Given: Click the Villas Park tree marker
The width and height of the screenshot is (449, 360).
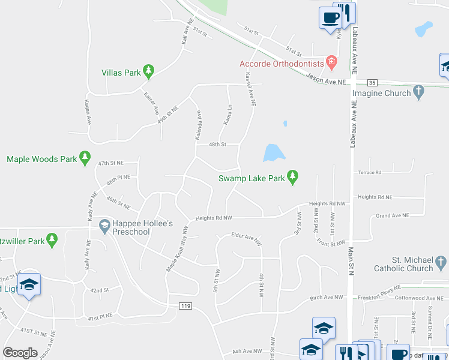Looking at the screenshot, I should [x=149, y=72].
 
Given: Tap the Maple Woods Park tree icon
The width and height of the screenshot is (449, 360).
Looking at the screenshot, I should [x=85, y=158].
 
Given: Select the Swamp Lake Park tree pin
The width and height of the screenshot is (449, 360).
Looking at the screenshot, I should [x=292, y=177].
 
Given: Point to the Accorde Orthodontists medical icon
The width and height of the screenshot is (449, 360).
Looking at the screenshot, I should [x=331, y=62].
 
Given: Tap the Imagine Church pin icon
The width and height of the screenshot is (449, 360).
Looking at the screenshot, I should [x=420, y=92].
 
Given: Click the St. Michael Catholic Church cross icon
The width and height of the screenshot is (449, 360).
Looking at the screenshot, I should [x=441, y=262].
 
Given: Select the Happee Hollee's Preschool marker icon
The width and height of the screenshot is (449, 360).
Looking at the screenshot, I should [x=104, y=226].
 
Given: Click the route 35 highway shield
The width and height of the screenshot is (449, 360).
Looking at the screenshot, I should [x=372, y=82].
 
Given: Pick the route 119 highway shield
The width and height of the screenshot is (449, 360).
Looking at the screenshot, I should [x=185, y=306].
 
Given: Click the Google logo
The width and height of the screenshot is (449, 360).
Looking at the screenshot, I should [x=20, y=352].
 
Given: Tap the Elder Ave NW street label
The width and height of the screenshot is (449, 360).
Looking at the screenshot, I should [x=247, y=238].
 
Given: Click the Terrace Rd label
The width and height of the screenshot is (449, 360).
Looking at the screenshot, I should [x=369, y=173].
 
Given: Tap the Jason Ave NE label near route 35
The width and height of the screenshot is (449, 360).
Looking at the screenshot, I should [x=326, y=79].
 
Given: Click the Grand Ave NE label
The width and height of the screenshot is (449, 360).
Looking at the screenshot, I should [x=392, y=215].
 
